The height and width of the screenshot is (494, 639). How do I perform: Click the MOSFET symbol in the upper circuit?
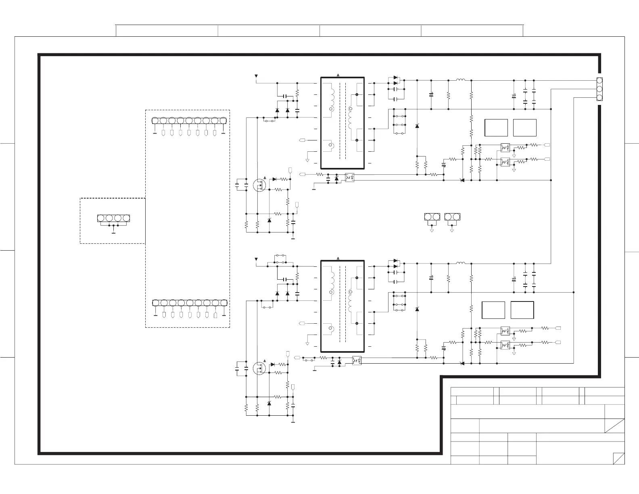pyautogui.click(x=259, y=186)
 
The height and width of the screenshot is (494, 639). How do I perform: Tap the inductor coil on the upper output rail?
pyautogui.click(x=461, y=80)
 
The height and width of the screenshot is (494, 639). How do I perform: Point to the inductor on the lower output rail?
pyautogui.click(x=461, y=263)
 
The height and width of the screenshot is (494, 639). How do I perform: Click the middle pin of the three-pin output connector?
pyautogui.click(x=599, y=89)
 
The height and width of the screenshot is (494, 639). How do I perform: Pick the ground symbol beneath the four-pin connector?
pyautogui.click(x=114, y=232)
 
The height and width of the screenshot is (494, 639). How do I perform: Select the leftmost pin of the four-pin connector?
pyautogui.click(x=101, y=218)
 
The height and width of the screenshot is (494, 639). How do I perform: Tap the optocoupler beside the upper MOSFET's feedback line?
pyautogui.click(x=349, y=178)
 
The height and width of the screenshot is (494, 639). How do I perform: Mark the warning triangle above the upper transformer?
pyautogui.click(x=338, y=75)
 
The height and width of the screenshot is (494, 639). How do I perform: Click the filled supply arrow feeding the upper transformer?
pyautogui.click(x=256, y=76)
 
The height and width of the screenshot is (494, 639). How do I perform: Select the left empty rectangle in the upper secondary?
pyautogui.click(x=496, y=128)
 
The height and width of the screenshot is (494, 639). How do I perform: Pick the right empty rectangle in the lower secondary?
pyautogui.click(x=522, y=310)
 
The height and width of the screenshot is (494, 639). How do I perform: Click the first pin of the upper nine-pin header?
pyautogui.click(x=155, y=120)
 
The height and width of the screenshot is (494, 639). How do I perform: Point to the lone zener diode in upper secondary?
pyautogui.click(x=417, y=126)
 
